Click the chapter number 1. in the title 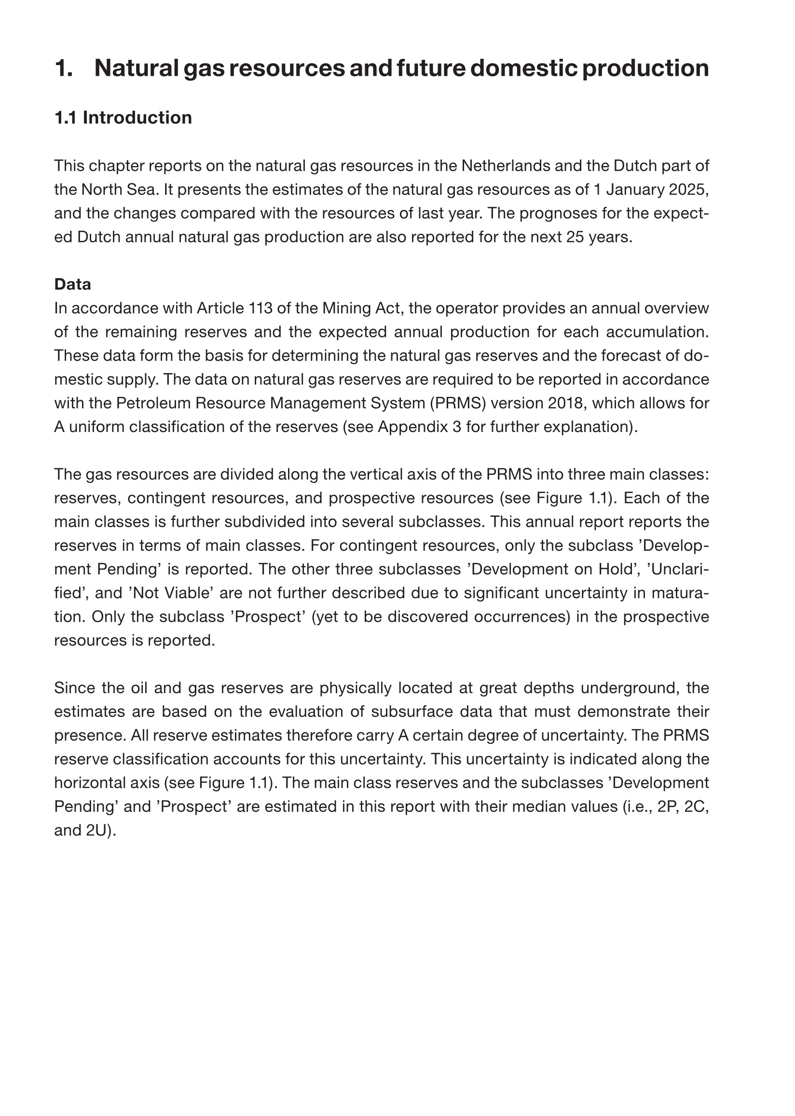tap(64, 68)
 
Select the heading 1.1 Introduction tap(123, 118)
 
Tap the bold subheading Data tap(72, 284)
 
